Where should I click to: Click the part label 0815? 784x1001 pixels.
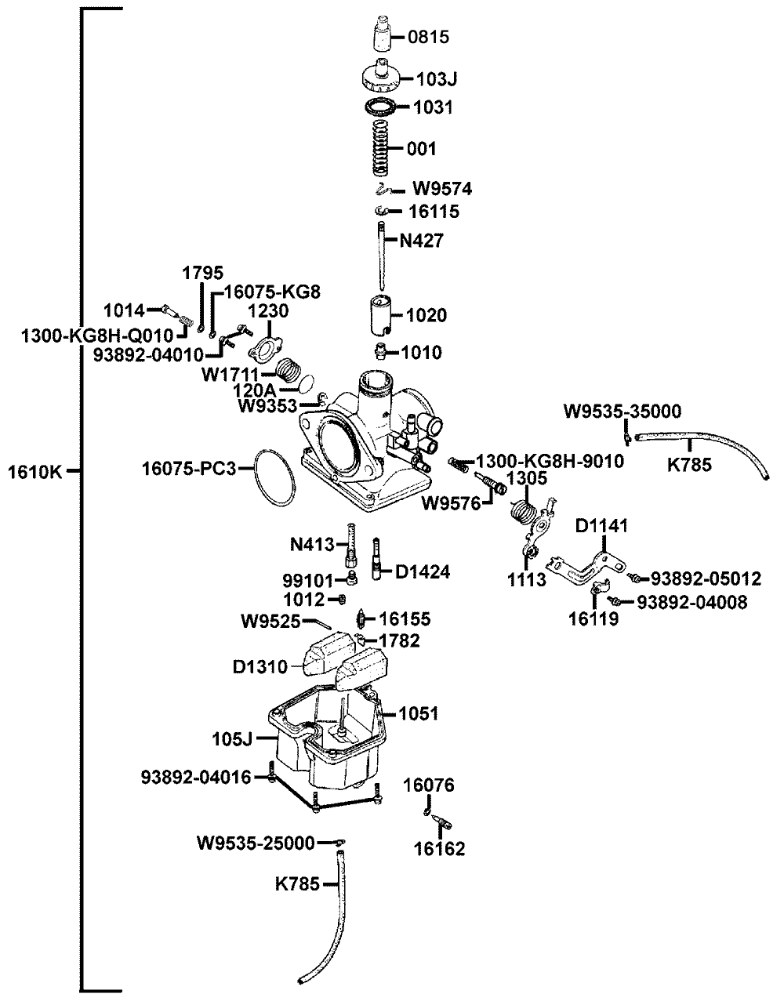point(428,37)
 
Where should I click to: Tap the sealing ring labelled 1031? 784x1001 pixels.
point(380,107)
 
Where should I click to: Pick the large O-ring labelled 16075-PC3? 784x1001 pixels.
point(274,479)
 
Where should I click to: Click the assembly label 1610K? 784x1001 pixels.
point(35,472)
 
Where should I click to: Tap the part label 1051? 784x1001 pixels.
point(419,713)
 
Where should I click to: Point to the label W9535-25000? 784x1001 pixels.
point(256,843)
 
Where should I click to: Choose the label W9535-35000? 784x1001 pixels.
point(622,411)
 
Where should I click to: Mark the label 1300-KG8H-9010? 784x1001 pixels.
point(550,461)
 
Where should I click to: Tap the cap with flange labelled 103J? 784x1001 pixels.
point(381,76)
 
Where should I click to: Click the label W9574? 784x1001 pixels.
point(442,189)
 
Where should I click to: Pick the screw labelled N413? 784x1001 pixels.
point(352,546)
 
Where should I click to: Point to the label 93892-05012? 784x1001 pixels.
point(706,579)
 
